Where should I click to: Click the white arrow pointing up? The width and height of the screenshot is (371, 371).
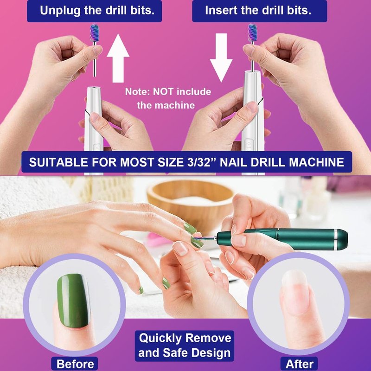pos(118,58)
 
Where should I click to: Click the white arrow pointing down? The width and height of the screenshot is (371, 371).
pos(221,58)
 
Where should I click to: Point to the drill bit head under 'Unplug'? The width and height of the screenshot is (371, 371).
pos(94,32)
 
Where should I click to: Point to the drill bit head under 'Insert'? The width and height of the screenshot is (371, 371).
pos(252,32)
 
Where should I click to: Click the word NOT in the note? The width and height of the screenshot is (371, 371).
pos(164,92)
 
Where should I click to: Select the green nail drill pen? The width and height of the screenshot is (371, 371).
pos(281,239)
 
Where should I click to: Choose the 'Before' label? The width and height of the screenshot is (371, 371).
pos(75,364)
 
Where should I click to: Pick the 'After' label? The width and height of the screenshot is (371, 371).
pos(299,364)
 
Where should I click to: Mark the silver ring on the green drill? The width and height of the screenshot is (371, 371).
pos(336,239)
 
